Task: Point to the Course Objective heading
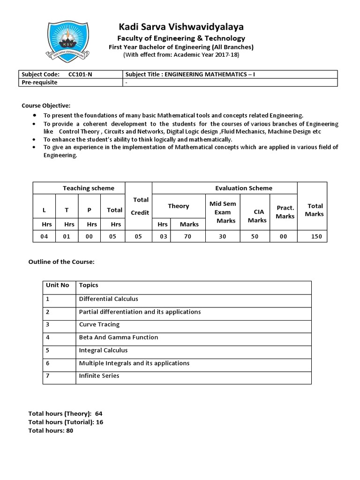pos(46,105)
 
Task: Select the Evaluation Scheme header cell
pos(243,188)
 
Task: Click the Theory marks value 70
pos(187,237)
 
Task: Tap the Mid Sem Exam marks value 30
pos(222,237)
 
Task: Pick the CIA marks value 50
pos(255,237)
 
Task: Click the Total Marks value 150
pos(316,237)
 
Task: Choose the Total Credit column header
pos(140,206)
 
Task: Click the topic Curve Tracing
pos(99,324)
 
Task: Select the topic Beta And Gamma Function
pos(119,337)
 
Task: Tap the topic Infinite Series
pos(99,375)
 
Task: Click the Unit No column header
pos(57,285)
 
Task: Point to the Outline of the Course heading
pos(62,262)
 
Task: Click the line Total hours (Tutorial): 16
pos(66,422)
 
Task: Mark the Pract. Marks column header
pos(285,212)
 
